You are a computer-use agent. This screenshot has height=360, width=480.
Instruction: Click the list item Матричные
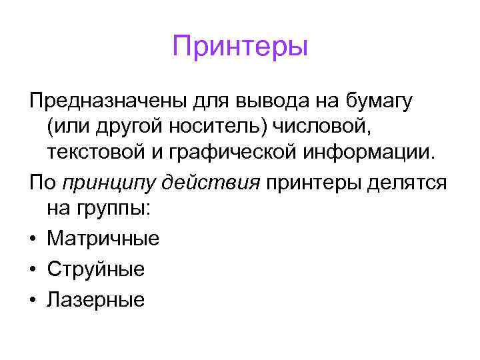pos(103,238)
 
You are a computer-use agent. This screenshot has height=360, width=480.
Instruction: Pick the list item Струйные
pos(95,269)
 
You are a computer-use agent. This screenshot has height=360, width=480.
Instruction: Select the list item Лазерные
pos(95,299)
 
